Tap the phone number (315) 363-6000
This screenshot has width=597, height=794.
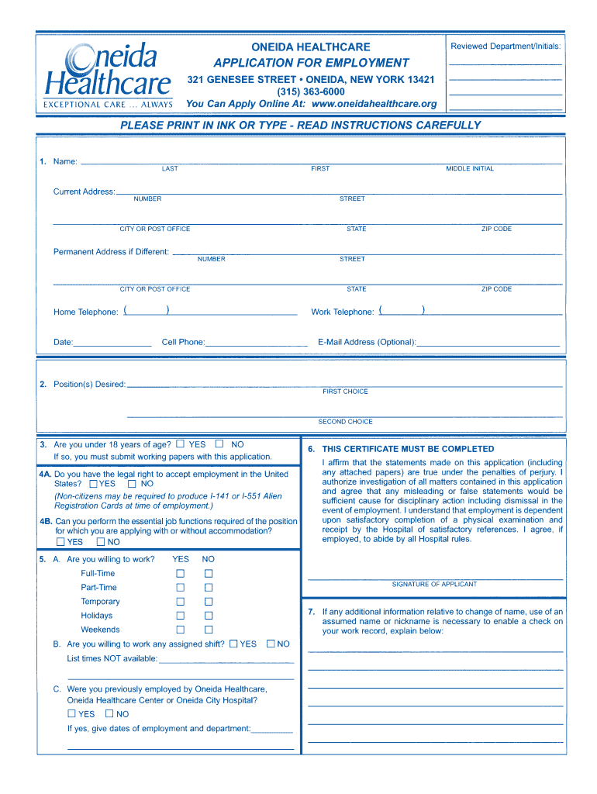[x=311, y=91]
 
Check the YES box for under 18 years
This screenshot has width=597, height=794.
[x=181, y=444]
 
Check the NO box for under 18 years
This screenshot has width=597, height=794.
[x=219, y=444]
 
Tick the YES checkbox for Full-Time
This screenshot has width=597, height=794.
[x=181, y=574]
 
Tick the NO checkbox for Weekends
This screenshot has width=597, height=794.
[x=209, y=630]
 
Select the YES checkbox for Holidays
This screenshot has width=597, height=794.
[x=181, y=616]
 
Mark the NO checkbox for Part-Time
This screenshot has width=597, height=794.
[x=209, y=588]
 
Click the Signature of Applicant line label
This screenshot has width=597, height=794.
[x=434, y=585]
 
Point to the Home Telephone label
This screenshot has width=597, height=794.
[x=85, y=312]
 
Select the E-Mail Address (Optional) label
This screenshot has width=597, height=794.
[x=367, y=342]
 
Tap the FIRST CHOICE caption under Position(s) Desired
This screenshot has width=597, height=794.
[x=345, y=392]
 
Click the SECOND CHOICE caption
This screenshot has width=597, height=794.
[x=345, y=422]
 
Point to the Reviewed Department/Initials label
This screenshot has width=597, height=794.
[x=506, y=47]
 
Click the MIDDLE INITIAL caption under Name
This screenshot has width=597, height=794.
[x=469, y=169]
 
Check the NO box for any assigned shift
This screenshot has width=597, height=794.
[x=271, y=644]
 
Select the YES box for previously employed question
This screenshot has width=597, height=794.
[x=72, y=714]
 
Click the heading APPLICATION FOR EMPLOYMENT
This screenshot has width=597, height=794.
[x=311, y=63]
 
